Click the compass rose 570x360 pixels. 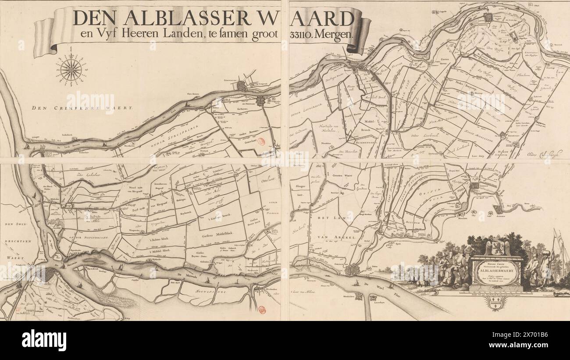[71, 70]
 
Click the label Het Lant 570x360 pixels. [333, 218]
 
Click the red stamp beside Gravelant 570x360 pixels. [261, 142]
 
